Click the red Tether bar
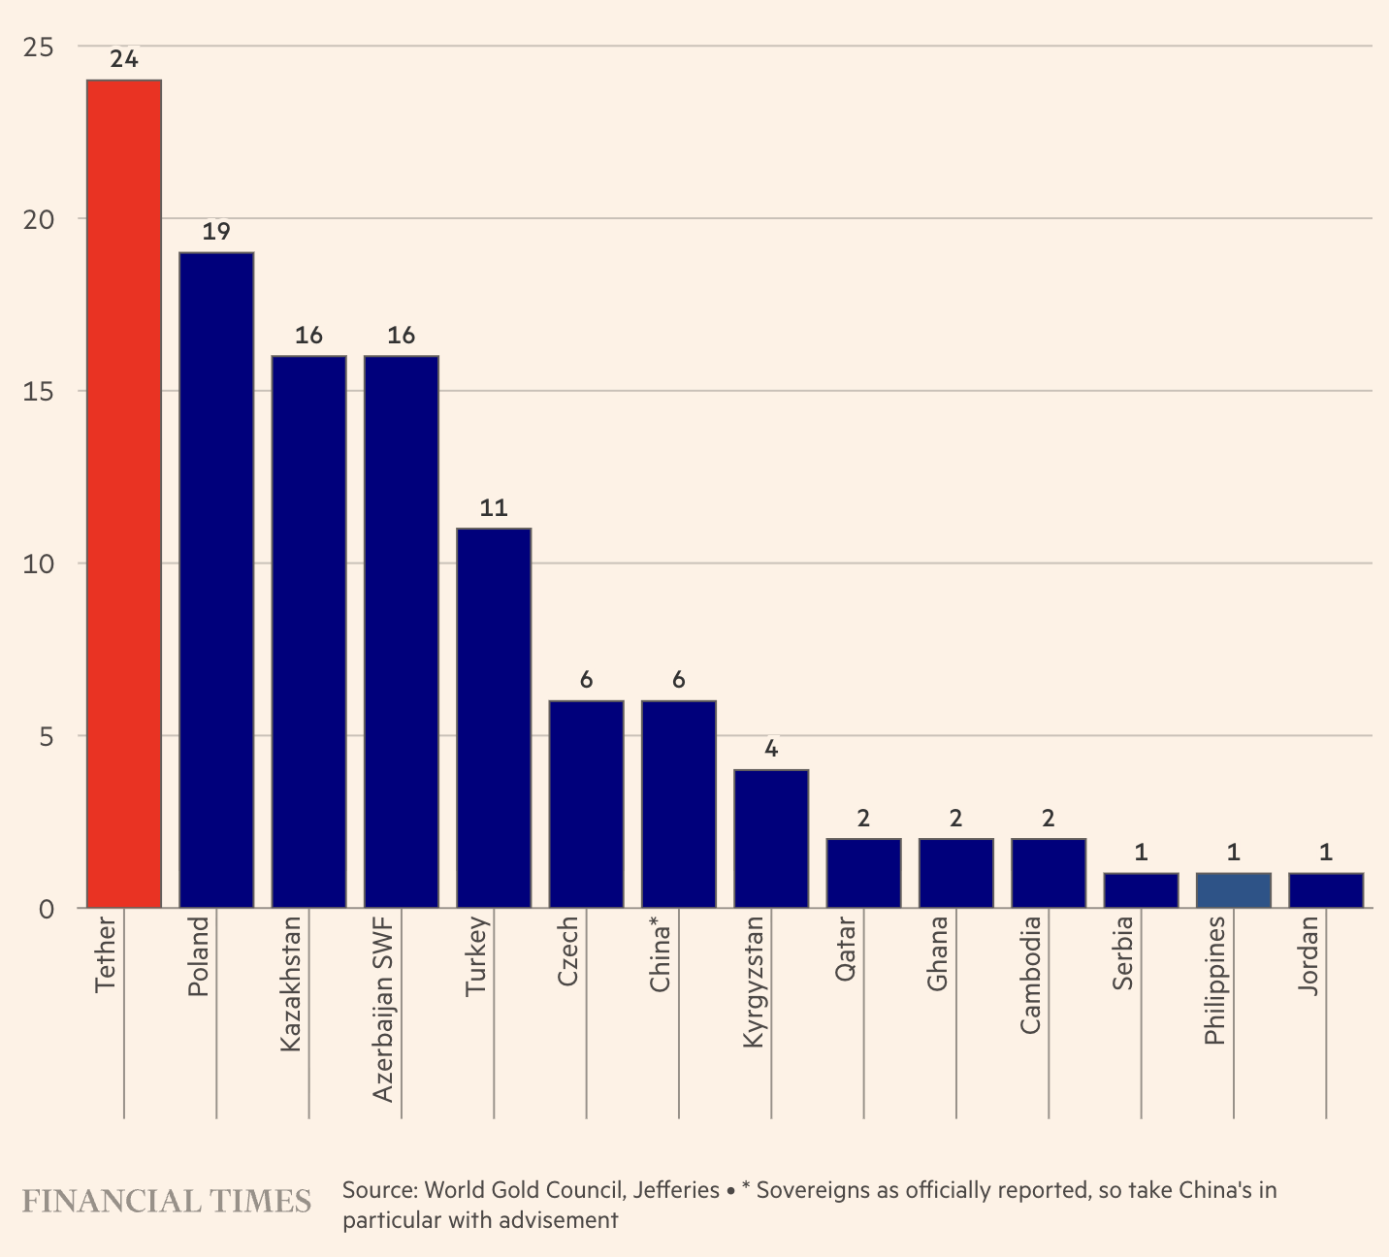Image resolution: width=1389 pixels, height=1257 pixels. tap(124, 494)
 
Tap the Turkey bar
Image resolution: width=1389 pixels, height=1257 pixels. tap(494, 718)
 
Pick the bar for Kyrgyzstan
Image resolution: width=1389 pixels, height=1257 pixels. tap(771, 839)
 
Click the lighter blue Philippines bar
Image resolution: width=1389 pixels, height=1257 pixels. tap(1233, 890)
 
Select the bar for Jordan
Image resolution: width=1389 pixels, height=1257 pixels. tap(1326, 890)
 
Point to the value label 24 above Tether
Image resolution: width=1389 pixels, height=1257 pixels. tap(124, 59)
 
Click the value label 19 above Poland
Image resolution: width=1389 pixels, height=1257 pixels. tap(216, 232)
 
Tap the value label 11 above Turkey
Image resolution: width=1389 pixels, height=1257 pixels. tap(494, 508)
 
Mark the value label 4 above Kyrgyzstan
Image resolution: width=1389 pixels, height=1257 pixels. tap(771, 750)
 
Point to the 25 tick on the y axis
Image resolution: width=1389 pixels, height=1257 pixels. tap(39, 47)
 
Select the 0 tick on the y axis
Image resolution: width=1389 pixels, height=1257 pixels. tap(46, 909)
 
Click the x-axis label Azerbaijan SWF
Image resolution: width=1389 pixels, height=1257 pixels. tap(384, 1009)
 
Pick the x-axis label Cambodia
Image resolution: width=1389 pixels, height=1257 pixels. tap(1031, 975)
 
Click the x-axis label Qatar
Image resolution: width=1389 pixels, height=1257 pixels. tap(846, 949)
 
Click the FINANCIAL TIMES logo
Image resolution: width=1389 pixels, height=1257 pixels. tap(166, 1202)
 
